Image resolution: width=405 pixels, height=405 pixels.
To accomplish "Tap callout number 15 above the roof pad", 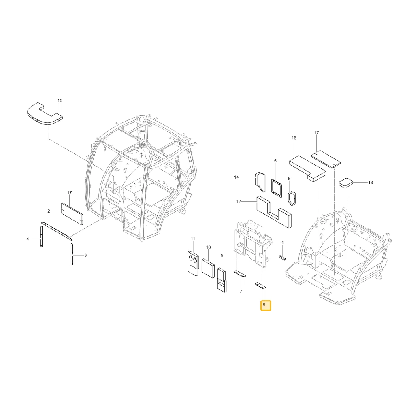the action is point(60,100).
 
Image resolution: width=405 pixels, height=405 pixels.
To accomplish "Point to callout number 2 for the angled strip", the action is point(49,211).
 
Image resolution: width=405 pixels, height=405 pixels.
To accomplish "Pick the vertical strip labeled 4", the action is point(41,237).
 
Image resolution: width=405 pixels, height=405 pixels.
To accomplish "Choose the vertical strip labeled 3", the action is point(72,254).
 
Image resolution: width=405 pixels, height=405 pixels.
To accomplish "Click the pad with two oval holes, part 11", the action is point(193,264).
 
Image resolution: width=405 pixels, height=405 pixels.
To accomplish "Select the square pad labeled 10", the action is point(208,269).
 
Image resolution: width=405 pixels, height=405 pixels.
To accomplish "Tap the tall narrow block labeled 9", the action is point(222,280).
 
